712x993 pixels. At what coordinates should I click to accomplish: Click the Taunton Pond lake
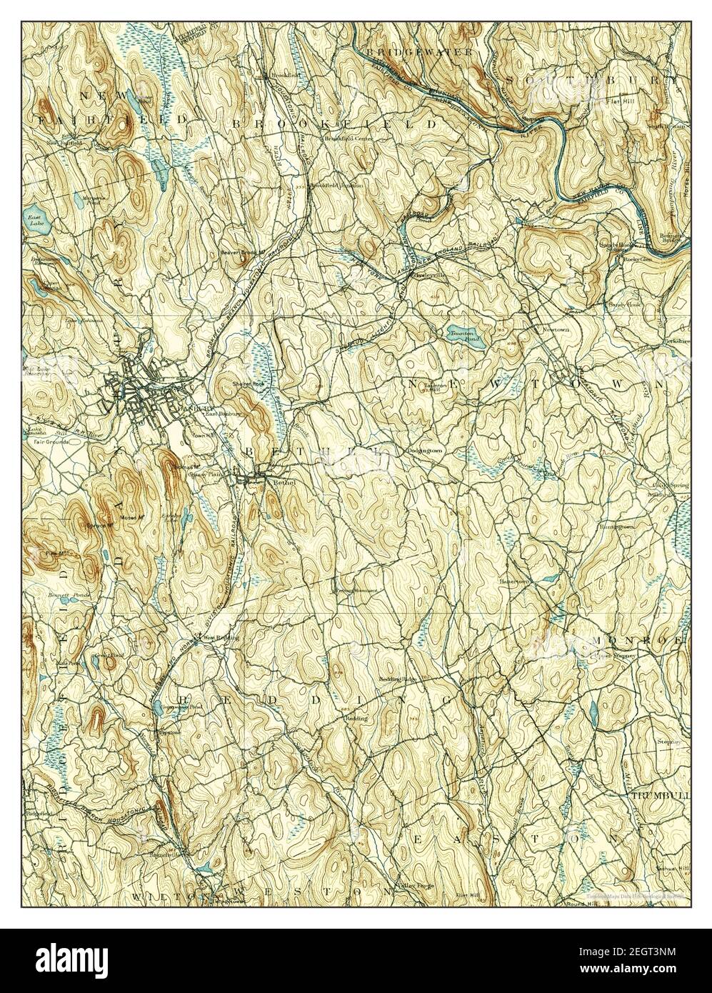pos(463,335)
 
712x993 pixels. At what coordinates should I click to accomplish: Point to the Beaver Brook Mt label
pos(242,252)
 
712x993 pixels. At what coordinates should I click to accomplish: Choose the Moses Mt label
pos(130,517)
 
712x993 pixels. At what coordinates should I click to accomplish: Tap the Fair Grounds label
pos(50,441)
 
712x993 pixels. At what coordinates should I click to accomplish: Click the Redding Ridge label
pos(397,677)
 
